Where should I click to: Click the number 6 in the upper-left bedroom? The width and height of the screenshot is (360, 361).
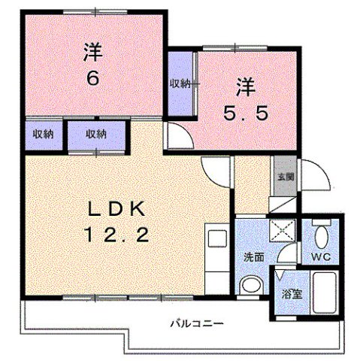tap(92, 79)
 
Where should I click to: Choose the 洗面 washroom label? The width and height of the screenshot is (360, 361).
tap(253, 256)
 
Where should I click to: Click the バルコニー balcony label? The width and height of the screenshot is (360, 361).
tap(195, 323)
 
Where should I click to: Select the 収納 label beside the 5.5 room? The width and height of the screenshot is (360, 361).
tap(179, 83)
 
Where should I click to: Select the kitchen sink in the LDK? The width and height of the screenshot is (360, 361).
tap(217, 239)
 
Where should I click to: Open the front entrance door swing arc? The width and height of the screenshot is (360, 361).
tap(314, 174)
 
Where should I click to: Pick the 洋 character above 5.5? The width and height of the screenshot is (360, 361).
tap(245, 86)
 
